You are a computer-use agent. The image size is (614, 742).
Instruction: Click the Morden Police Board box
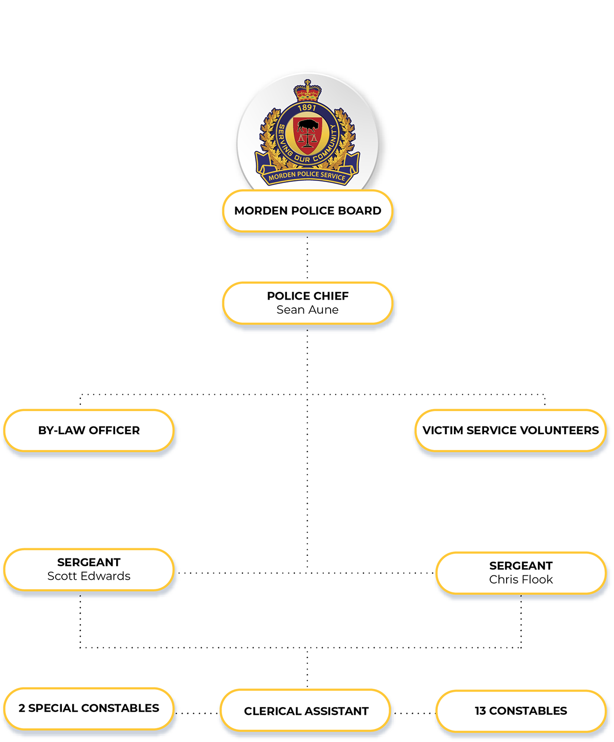coord(308,211)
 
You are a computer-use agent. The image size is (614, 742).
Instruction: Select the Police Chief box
coord(308,303)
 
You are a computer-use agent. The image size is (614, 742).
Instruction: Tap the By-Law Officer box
coord(89,431)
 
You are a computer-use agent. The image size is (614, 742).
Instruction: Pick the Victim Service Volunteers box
coord(511,431)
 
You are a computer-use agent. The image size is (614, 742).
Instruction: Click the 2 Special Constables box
coord(89,708)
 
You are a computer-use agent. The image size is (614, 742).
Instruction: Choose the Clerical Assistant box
coord(306,711)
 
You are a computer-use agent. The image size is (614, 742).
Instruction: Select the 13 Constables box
coord(521,711)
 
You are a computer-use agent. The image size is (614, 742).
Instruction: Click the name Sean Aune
coord(308,310)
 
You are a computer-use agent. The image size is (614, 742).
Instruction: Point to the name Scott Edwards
coord(89,576)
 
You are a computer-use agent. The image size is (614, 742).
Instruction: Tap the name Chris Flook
coord(521,580)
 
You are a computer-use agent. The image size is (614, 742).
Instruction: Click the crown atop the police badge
coord(307,91)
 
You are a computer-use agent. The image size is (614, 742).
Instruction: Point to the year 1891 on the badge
coord(307,107)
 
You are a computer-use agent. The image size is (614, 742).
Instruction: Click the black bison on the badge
coord(308,125)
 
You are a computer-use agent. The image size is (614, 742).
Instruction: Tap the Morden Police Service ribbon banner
coord(307,176)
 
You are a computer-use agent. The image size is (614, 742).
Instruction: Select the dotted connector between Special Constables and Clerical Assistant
coord(197,713)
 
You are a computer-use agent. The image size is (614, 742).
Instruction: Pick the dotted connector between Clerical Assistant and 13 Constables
coord(413,713)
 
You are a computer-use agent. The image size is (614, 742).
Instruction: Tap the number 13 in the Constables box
coord(480,711)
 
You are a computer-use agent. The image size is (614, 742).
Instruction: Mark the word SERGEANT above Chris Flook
coord(521,566)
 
